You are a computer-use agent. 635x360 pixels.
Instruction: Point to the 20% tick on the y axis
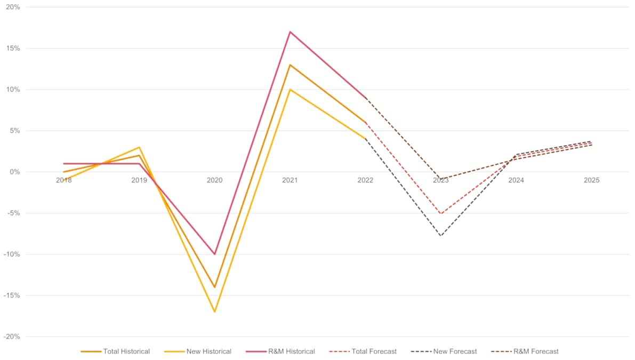coord(13,7)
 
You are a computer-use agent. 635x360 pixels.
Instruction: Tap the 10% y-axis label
coord(13,90)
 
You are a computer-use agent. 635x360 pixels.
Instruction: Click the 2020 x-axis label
coord(214,180)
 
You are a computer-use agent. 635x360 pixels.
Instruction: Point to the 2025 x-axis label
coord(591,180)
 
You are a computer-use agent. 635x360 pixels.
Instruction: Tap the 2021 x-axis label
coord(290,180)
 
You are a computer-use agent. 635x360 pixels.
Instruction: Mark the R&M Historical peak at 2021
coord(290,31)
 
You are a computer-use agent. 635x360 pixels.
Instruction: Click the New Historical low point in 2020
coord(214,311)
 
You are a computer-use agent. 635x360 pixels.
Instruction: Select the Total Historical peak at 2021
coord(290,65)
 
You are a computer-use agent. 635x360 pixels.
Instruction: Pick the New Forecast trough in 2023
coord(441,236)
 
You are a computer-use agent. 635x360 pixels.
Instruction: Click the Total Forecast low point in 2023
coord(441,213)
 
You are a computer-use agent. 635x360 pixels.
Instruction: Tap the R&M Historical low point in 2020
coord(214,254)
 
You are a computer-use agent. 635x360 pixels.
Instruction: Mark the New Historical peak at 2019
coord(139,147)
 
